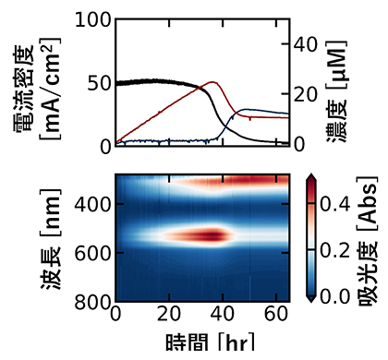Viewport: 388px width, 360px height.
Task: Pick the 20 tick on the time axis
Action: [x=169, y=315]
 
